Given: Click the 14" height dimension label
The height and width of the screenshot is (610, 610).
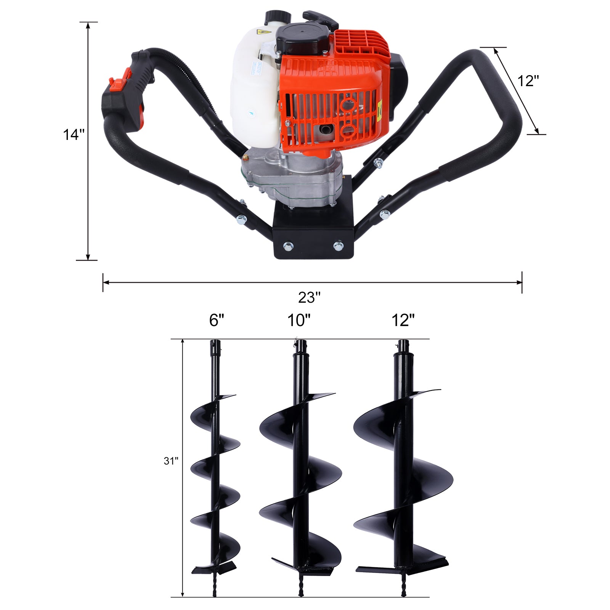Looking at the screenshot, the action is tap(74, 135).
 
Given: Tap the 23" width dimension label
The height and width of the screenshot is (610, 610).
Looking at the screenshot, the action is tap(309, 298).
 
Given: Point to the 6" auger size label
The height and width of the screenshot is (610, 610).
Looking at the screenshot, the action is tap(217, 320).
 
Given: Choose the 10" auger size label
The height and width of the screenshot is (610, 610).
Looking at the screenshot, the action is tap(299, 320).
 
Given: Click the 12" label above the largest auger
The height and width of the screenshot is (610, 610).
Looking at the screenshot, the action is tap(403, 320).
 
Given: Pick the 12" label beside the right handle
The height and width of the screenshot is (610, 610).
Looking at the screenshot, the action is tap(528, 81).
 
